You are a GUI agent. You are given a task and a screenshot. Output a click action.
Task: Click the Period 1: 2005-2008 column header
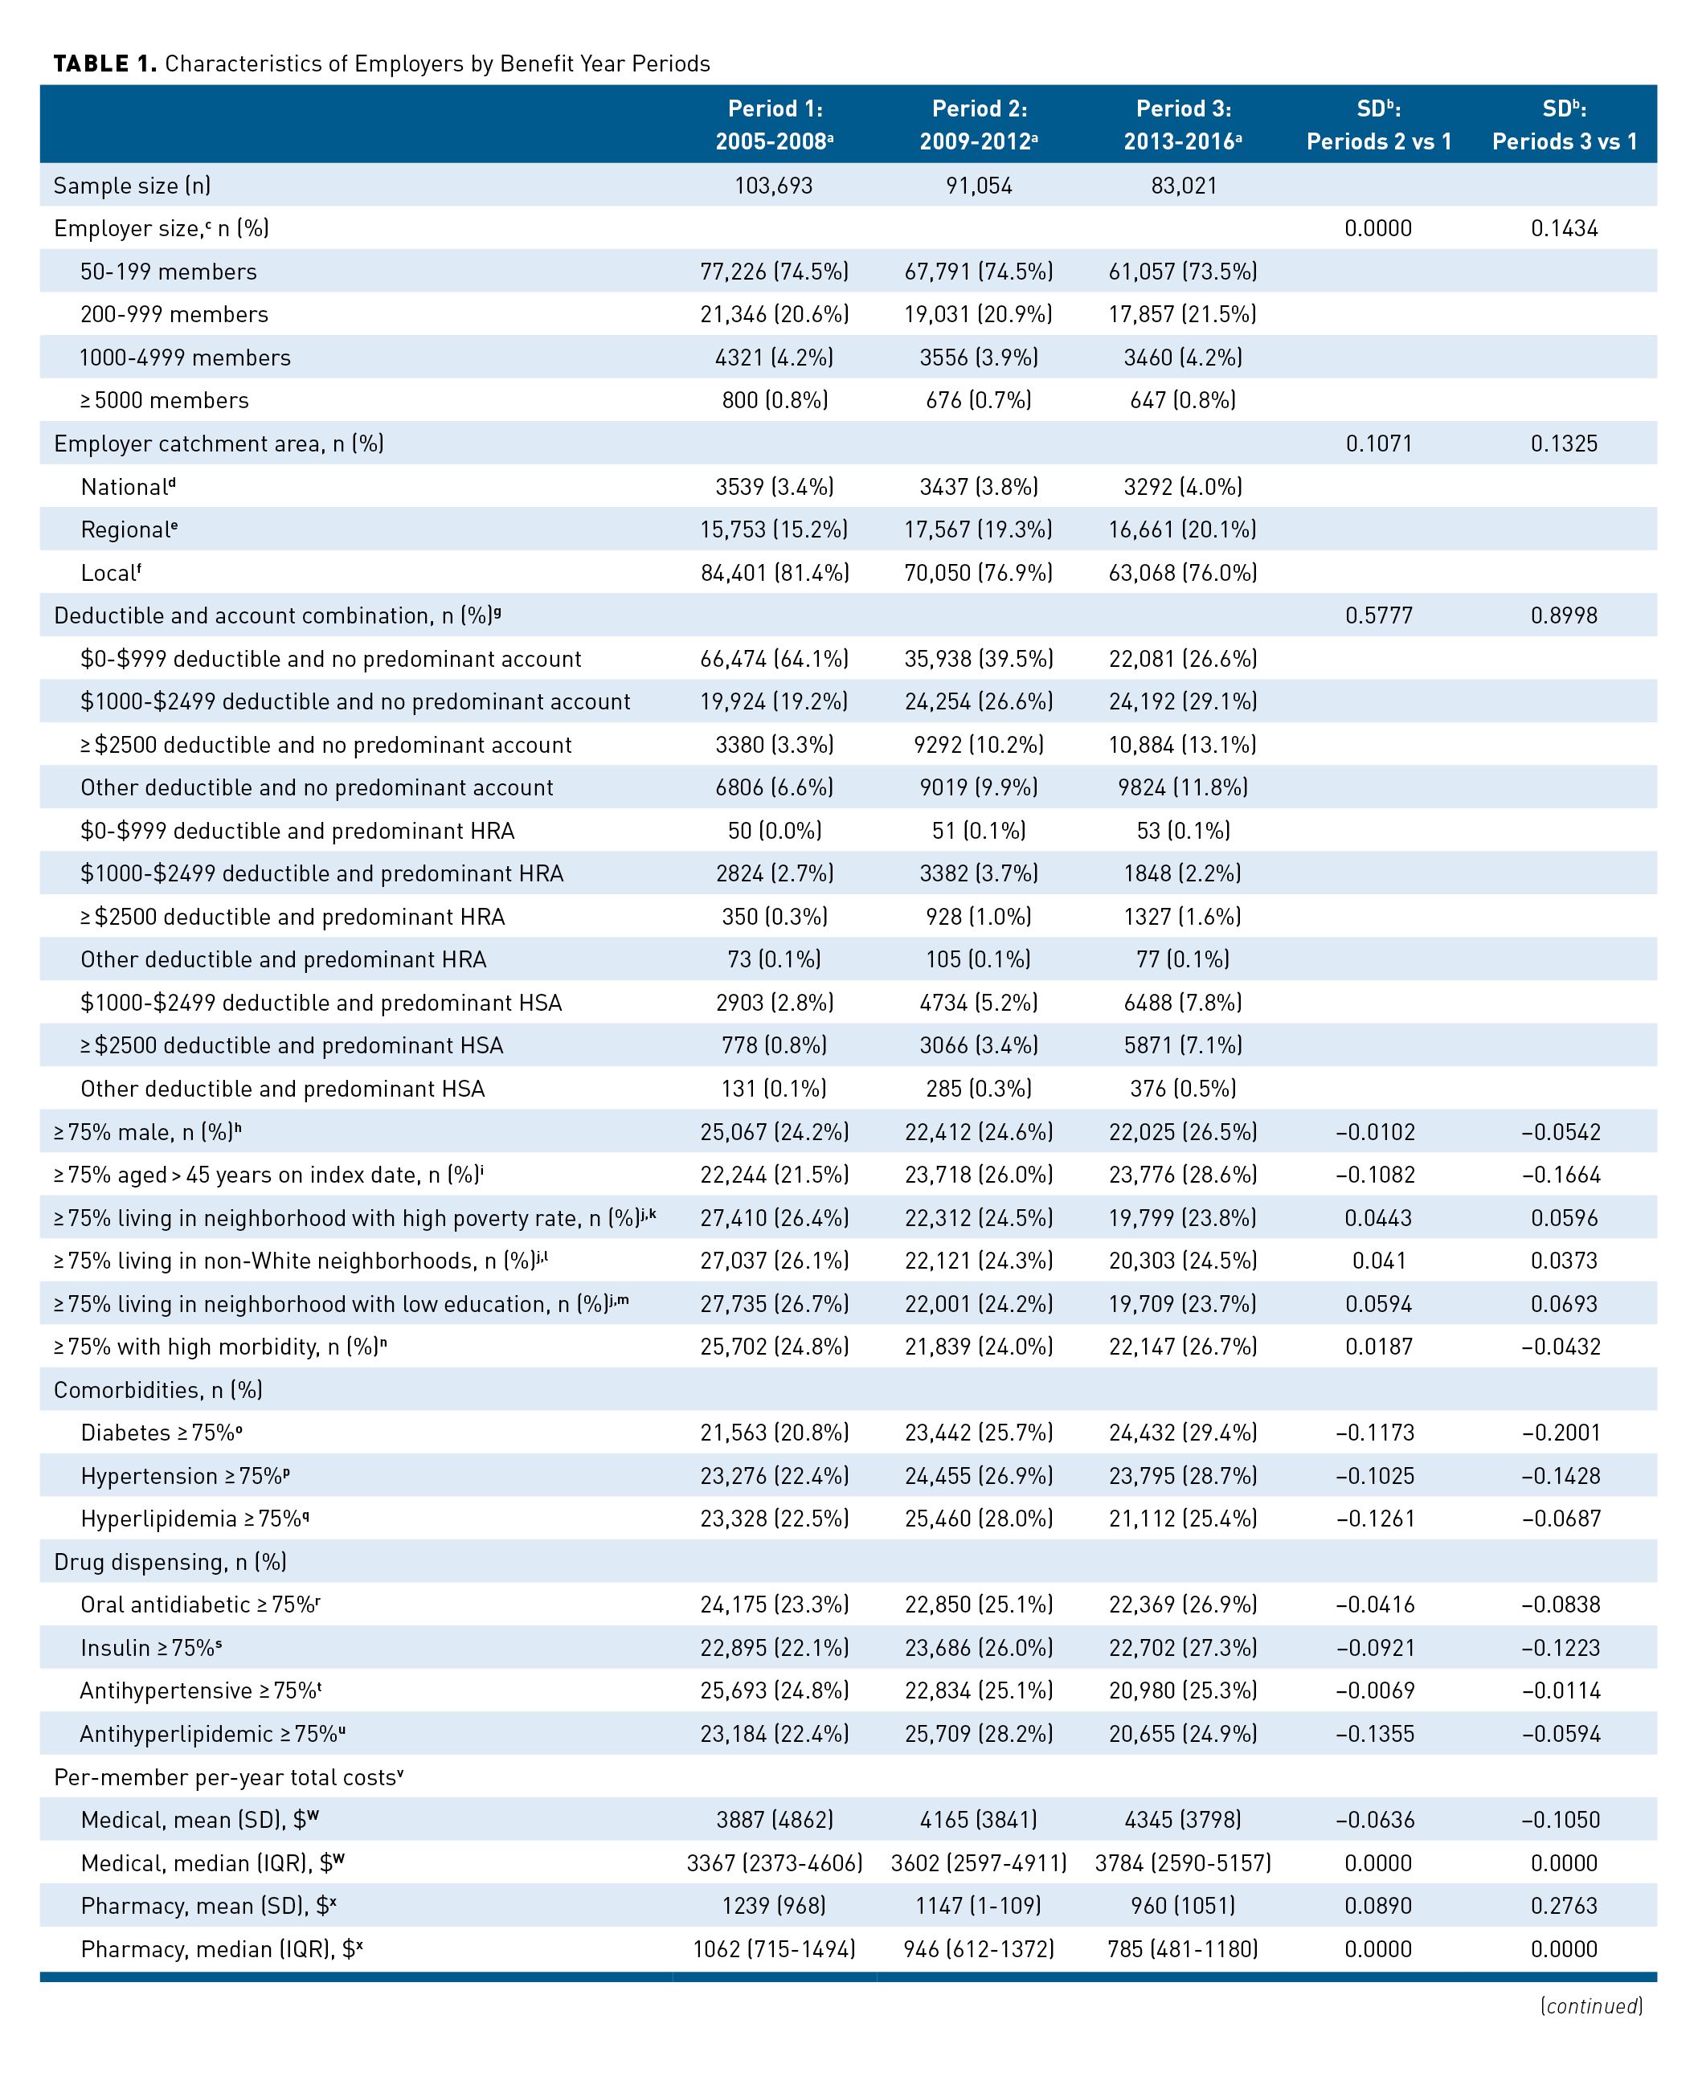click(x=774, y=125)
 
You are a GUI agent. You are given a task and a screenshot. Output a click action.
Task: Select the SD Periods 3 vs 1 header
click(x=1564, y=125)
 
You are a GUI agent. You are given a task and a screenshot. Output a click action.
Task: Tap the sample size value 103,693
click(x=774, y=186)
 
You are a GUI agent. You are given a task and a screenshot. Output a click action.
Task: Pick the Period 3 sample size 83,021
click(x=1184, y=186)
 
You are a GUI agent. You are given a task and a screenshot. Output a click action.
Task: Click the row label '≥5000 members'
click(x=164, y=401)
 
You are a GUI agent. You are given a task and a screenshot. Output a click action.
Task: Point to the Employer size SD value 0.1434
click(x=1564, y=229)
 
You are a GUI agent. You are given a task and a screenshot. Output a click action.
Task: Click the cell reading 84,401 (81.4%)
click(x=775, y=573)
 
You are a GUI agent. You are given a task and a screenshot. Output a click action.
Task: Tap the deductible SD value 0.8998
click(x=1564, y=616)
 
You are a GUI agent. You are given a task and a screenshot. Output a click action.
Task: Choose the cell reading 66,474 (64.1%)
click(x=775, y=659)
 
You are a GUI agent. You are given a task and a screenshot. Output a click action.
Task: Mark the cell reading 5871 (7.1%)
click(x=1184, y=1045)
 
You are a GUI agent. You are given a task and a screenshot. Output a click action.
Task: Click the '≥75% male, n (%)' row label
click(x=148, y=1131)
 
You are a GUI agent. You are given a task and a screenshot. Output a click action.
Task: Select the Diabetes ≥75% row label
click(x=162, y=1433)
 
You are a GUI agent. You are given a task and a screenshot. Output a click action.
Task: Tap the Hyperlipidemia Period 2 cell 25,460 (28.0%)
click(x=979, y=1519)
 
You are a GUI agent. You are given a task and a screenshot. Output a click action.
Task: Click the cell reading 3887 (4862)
click(x=775, y=1820)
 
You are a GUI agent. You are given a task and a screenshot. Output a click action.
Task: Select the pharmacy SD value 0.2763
click(x=1564, y=1906)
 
